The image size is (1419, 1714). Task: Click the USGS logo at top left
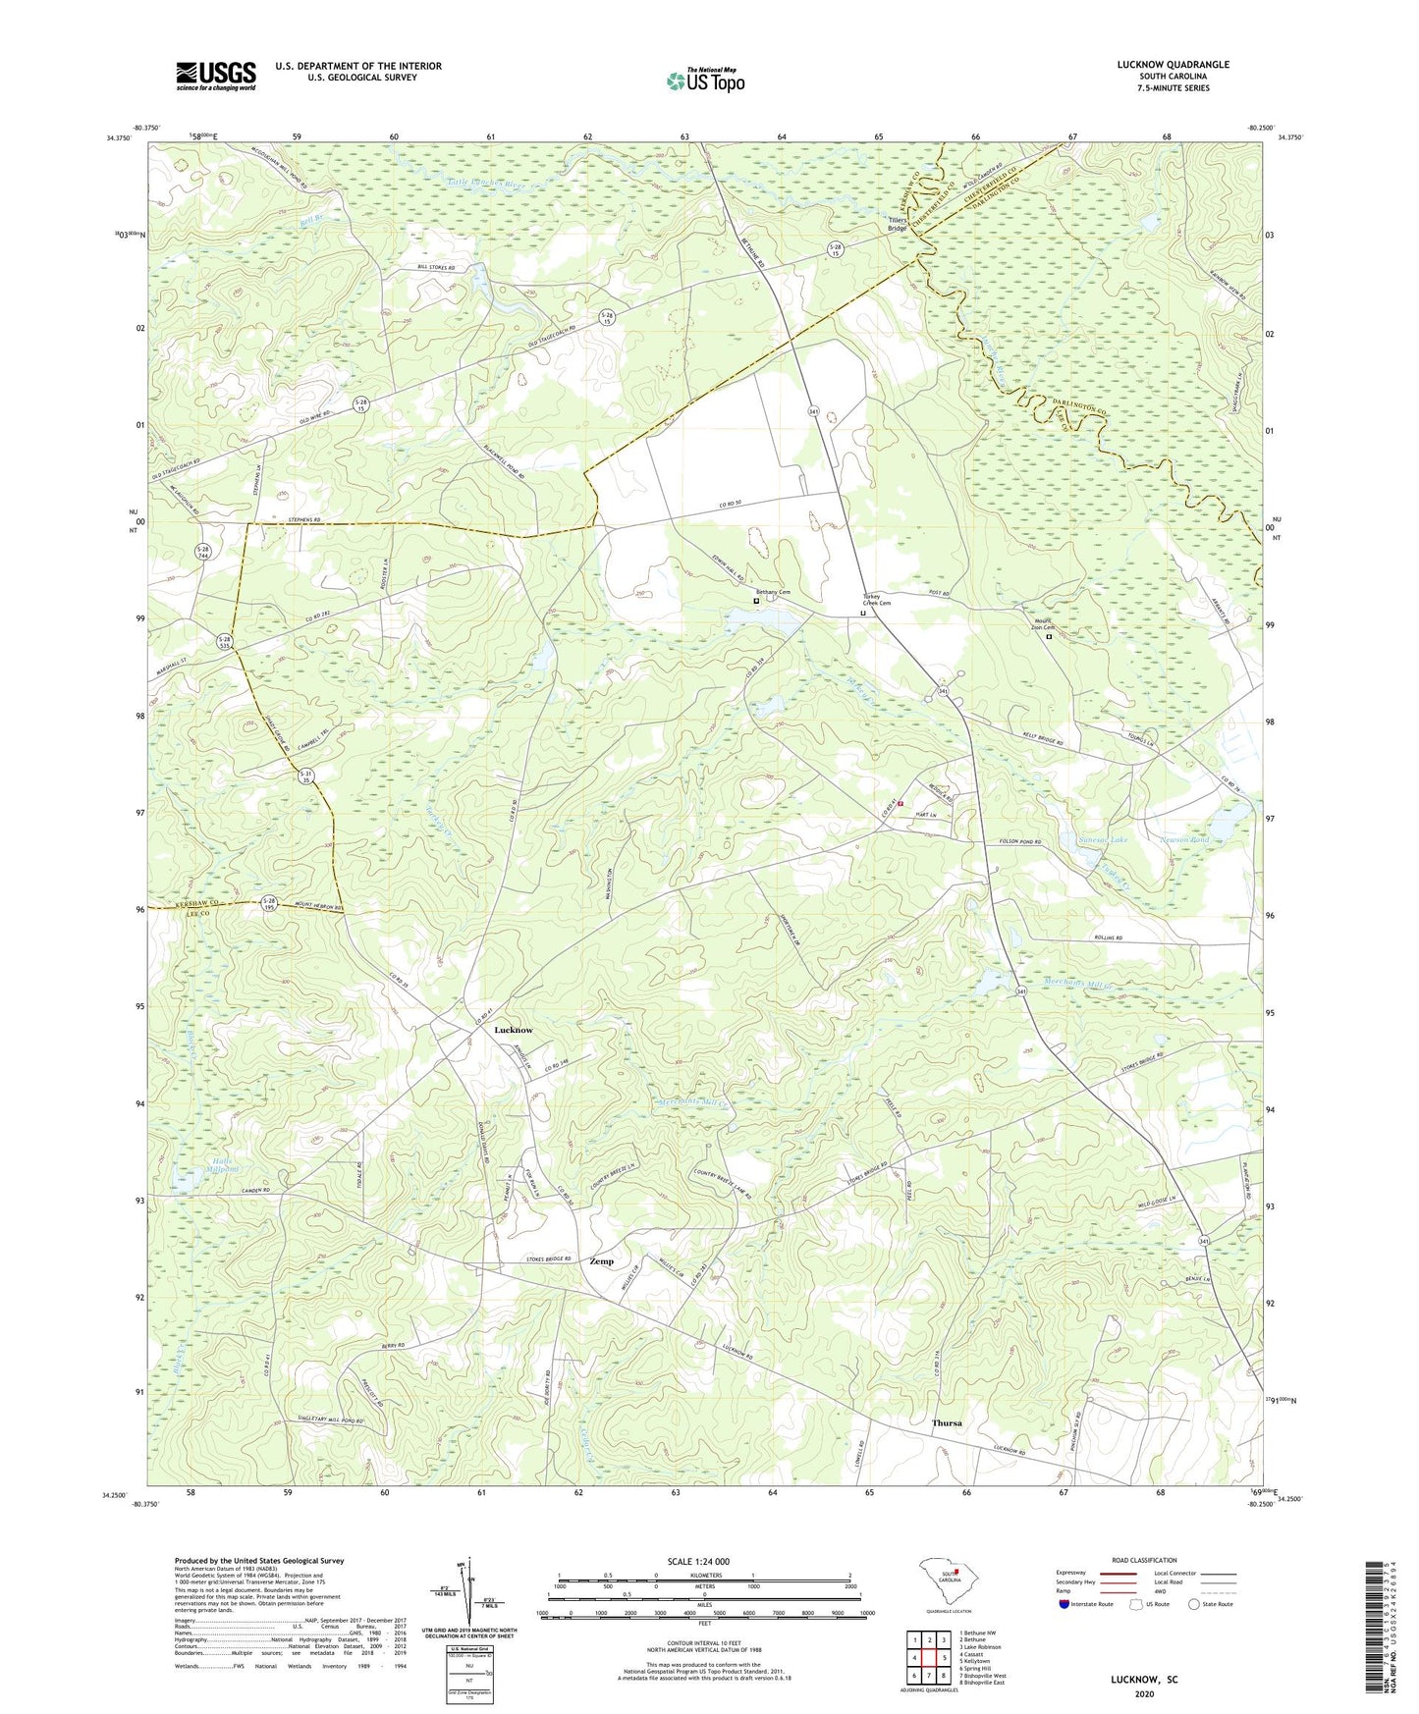(x=215, y=76)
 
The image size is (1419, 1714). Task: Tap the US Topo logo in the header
(x=704, y=80)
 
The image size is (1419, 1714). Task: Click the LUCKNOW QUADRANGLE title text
(x=1173, y=65)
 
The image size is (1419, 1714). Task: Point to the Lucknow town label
(x=514, y=1030)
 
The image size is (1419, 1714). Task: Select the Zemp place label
(x=601, y=1261)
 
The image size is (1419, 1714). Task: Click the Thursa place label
(x=947, y=1422)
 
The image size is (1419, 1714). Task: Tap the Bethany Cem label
(x=773, y=593)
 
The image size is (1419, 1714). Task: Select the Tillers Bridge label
(x=898, y=224)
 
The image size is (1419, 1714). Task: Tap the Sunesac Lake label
(x=1102, y=840)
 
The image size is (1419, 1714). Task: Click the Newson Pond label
(x=1184, y=840)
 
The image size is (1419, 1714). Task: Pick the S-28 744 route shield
(x=203, y=553)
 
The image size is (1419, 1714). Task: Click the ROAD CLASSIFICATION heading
(x=1144, y=1560)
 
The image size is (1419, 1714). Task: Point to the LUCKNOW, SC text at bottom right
(x=1143, y=1680)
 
